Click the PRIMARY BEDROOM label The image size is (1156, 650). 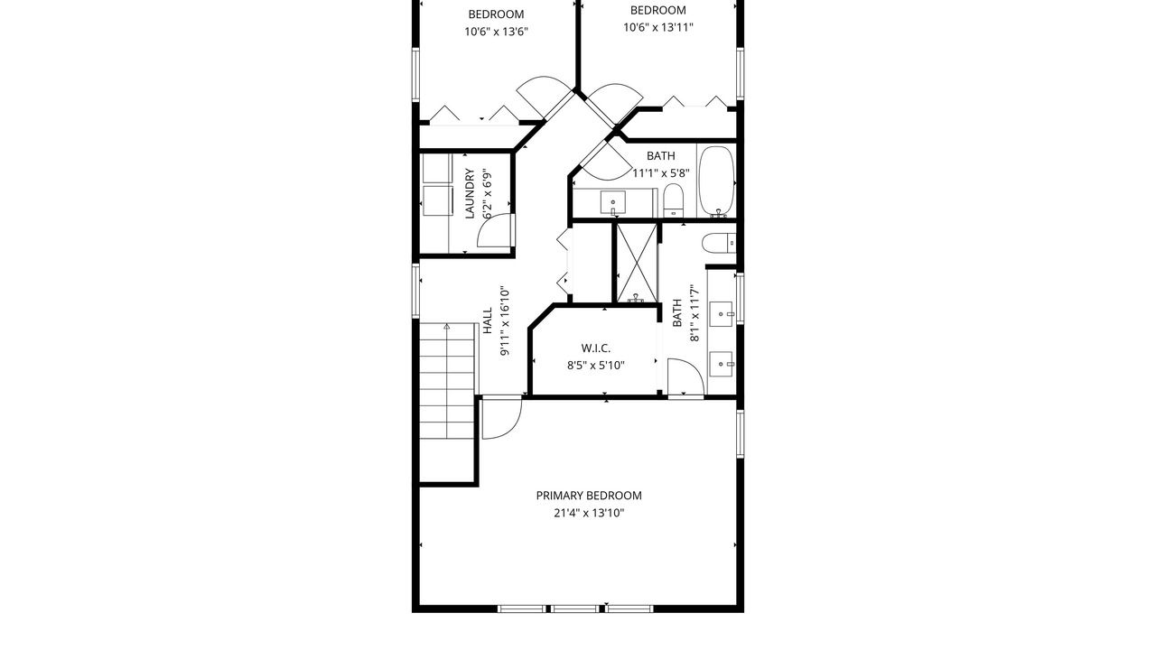point(589,496)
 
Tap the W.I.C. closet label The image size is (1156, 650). point(596,348)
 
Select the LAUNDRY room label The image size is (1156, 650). point(470,193)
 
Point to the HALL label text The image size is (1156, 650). point(488,320)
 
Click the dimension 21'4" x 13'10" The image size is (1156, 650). point(589,514)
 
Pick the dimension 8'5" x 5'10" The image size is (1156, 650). point(596,366)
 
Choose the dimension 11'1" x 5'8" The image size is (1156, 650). point(661,173)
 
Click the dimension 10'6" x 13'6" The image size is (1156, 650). point(496,32)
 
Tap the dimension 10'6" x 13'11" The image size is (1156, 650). point(658,27)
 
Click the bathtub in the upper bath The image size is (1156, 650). point(716,181)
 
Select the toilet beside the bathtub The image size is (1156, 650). point(673,201)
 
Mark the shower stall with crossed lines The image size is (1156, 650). point(637,263)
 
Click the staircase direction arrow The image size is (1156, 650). point(447,326)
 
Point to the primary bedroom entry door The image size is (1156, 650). point(501,419)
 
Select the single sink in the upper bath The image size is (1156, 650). point(613,202)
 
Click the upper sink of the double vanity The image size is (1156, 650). point(722,313)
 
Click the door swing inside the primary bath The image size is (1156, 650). point(685,377)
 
